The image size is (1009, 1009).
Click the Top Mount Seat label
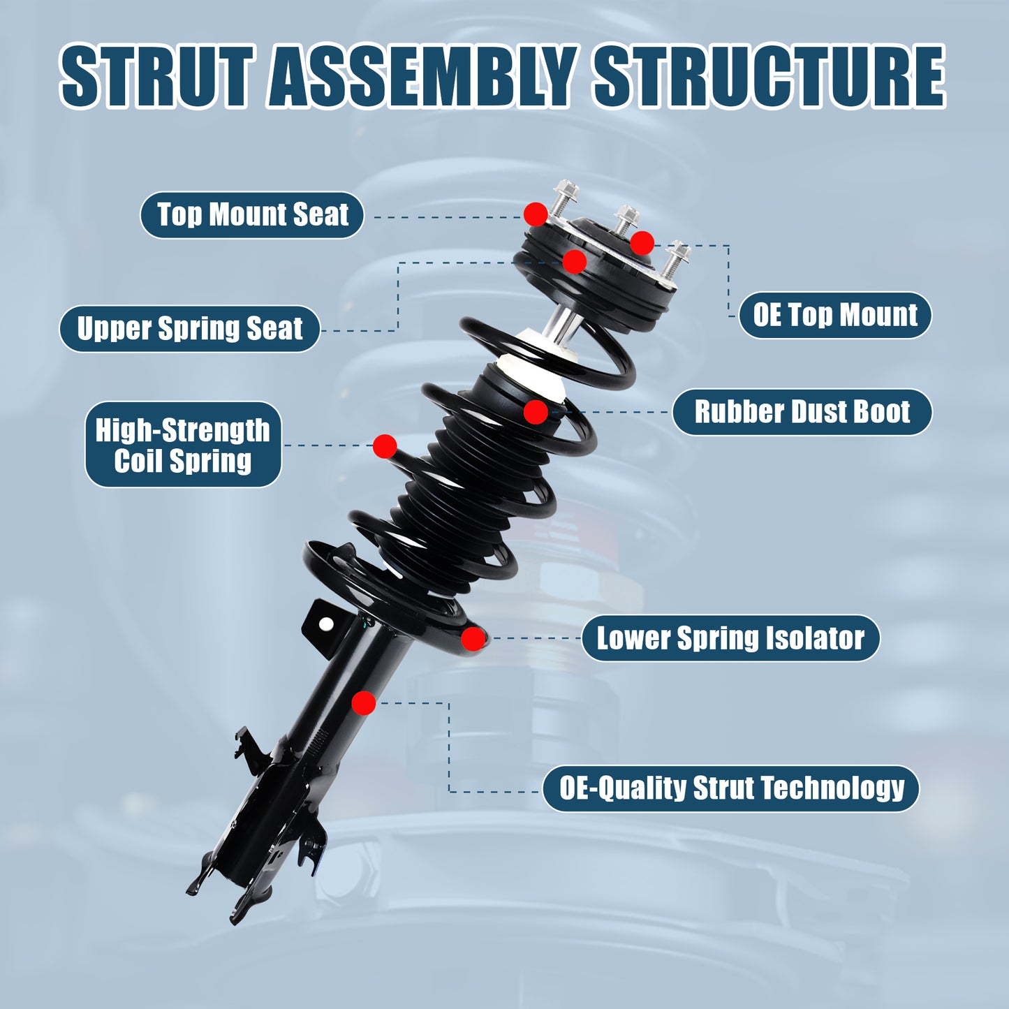[252, 215]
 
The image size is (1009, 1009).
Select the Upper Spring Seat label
[189, 329]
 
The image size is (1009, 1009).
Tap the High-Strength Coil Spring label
[183, 445]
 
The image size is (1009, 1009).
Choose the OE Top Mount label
[835, 316]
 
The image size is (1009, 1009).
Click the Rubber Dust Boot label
[802, 412]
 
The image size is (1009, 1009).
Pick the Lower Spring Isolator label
[730, 638]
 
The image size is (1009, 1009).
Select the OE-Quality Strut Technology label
[731, 788]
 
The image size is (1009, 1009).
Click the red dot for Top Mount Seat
[536, 214]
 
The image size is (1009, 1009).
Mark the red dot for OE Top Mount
[642, 243]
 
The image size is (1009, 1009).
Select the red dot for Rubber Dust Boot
[536, 412]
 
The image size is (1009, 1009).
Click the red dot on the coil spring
[385, 446]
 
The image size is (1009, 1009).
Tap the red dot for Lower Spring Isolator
[473, 638]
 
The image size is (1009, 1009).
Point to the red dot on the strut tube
[363, 703]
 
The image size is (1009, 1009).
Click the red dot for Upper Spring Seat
[574, 262]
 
